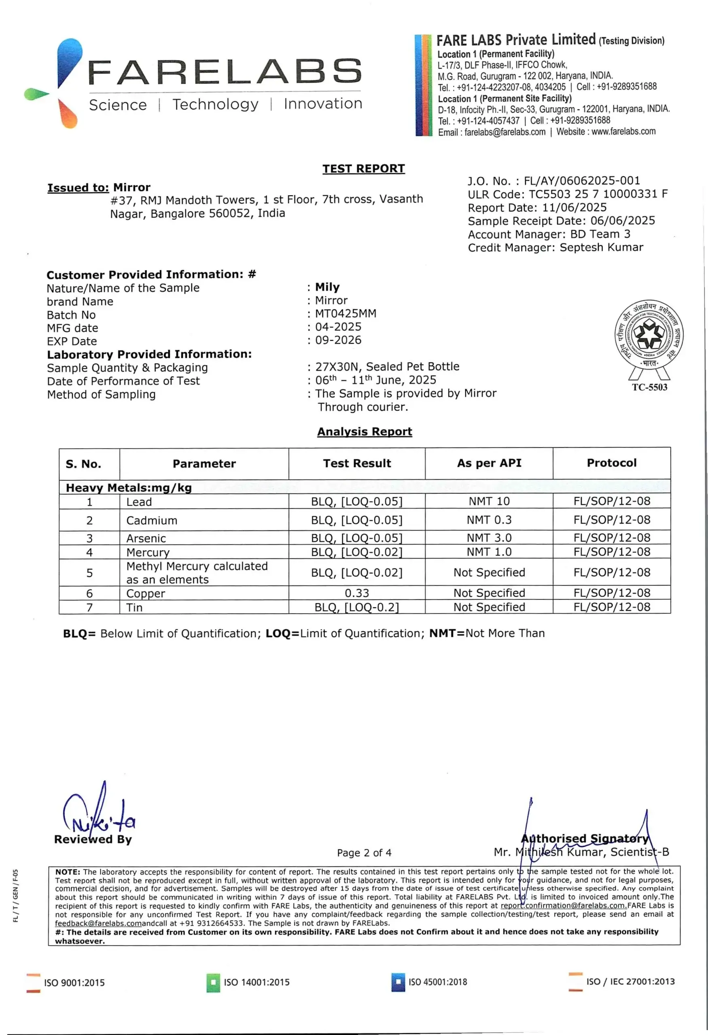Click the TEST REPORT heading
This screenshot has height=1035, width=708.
[364, 169]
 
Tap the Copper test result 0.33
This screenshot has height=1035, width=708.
[356, 593]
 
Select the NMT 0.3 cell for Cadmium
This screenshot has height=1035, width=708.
[489, 520]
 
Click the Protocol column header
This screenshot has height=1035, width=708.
[611, 463]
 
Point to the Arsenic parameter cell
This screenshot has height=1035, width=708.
[146, 539]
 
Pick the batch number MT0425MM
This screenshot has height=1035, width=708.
[346, 313]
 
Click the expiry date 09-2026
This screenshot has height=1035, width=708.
[338, 340]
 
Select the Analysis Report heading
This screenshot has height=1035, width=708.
[365, 431]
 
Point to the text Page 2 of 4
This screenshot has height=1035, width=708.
[364, 853]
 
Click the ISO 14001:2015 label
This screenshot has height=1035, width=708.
[256, 982]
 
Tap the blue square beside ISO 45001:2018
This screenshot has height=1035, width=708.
[398, 982]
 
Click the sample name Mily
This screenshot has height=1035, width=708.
[327, 287]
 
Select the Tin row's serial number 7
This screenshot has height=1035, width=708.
[89, 608]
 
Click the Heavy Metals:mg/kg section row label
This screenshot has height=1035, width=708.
[129, 488]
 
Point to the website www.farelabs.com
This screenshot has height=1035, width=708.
[623, 131]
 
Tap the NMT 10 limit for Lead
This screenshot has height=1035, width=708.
[489, 501]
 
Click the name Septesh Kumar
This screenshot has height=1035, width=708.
[601, 247]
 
